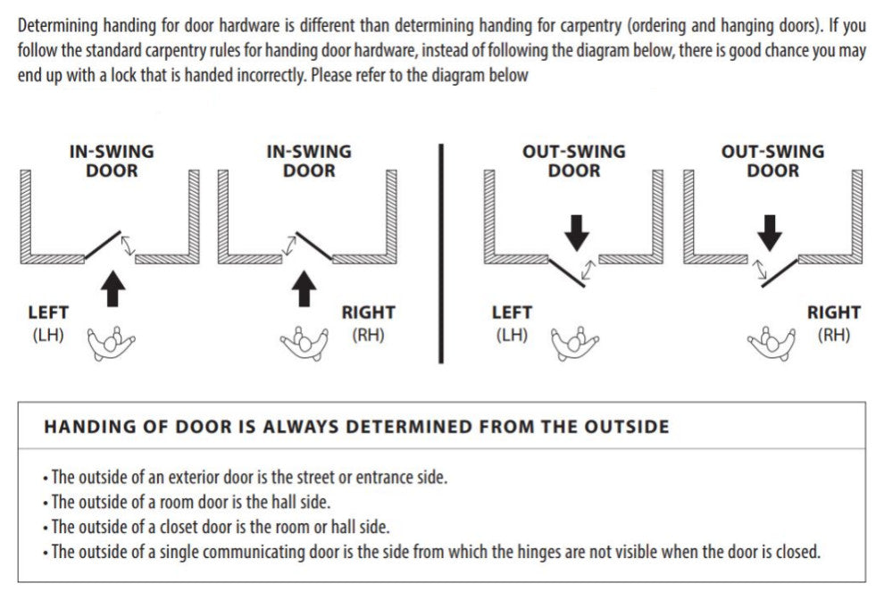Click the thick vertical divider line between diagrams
pyautogui.click(x=441, y=250)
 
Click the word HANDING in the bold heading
pyautogui.click(x=82, y=427)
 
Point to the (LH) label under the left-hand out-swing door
pyautogui.click(x=511, y=336)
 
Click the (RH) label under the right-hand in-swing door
pyautogui.click(x=368, y=336)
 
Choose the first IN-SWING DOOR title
pyautogui.click(x=112, y=161)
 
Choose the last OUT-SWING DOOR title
pyautogui.click(x=772, y=161)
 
